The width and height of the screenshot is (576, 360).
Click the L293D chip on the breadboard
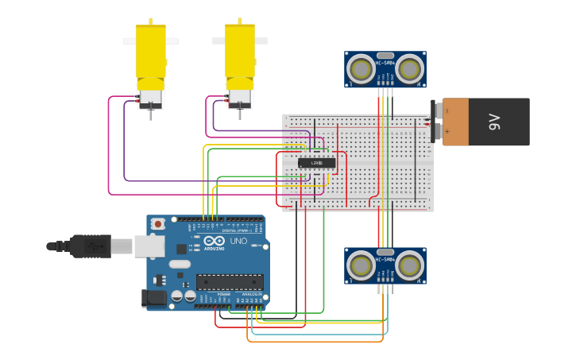point(316,163)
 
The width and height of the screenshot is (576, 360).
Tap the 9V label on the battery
point(494,122)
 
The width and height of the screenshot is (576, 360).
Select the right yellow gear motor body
point(240,52)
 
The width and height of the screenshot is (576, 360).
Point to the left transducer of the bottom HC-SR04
point(361,265)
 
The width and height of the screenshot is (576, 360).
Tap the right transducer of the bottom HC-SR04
point(410,265)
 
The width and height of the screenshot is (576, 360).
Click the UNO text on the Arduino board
point(238,241)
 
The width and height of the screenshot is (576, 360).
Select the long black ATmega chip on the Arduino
point(230,281)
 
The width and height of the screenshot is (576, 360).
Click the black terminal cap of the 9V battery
point(435,122)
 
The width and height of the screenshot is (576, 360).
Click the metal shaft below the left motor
point(151,114)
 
